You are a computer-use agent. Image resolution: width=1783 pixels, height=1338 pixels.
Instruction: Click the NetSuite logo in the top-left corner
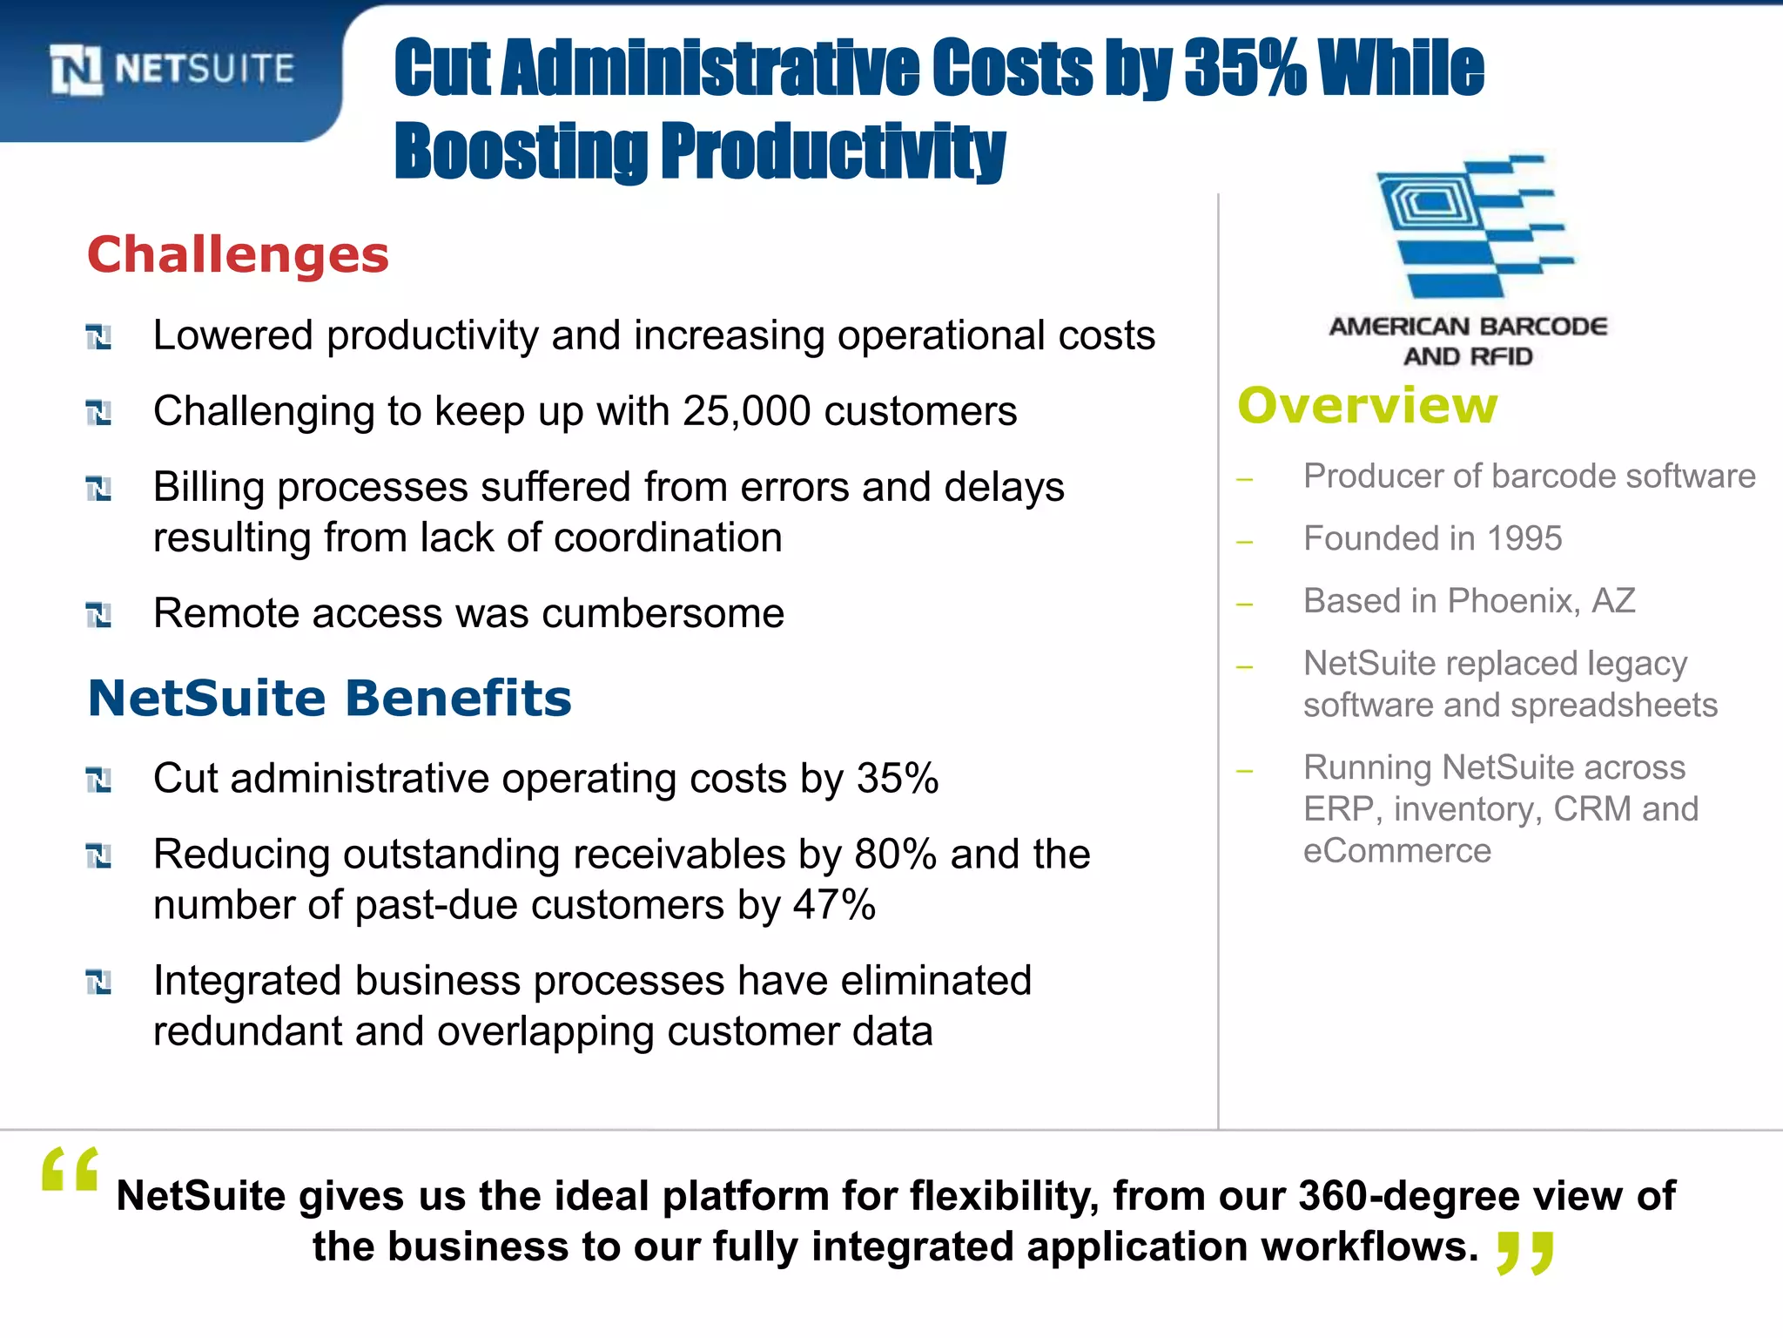(172, 70)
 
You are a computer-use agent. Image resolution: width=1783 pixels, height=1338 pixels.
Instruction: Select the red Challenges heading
(238, 255)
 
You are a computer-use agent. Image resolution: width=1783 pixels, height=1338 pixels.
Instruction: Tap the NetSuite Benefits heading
(330, 699)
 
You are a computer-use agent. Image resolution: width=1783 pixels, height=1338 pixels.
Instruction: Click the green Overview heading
(1368, 406)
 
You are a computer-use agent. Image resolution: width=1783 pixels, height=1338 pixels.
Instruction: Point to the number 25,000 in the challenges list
(746, 411)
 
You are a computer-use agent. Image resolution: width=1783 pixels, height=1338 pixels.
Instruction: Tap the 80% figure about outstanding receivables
(895, 855)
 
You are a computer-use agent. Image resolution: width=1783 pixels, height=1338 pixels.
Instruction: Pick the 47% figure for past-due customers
(834, 905)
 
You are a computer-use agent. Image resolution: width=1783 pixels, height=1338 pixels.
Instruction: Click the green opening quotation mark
(70, 1169)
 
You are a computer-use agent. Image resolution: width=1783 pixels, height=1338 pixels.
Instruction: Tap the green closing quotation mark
(1525, 1253)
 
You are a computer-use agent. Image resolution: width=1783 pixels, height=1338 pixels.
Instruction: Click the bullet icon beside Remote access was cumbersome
(98, 615)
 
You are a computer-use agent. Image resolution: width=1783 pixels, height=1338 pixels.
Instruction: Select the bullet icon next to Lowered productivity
(98, 337)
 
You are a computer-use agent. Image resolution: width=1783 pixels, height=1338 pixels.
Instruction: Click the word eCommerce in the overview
(1396, 851)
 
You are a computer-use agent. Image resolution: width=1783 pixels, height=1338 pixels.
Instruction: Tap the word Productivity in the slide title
(832, 152)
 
